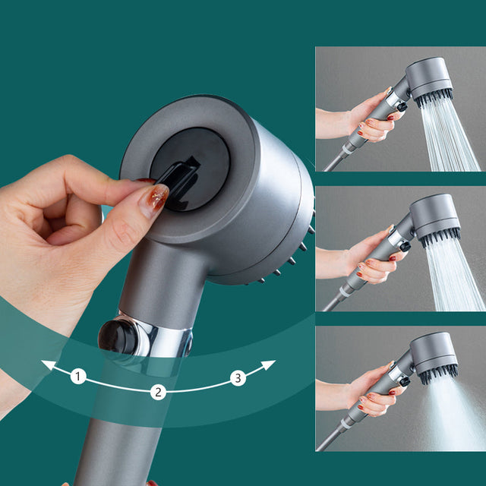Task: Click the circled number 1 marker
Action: [x=78, y=376]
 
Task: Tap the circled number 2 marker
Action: [x=158, y=392]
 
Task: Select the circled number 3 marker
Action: [x=238, y=377]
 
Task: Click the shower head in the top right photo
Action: [x=429, y=80]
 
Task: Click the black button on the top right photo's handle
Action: [x=401, y=107]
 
